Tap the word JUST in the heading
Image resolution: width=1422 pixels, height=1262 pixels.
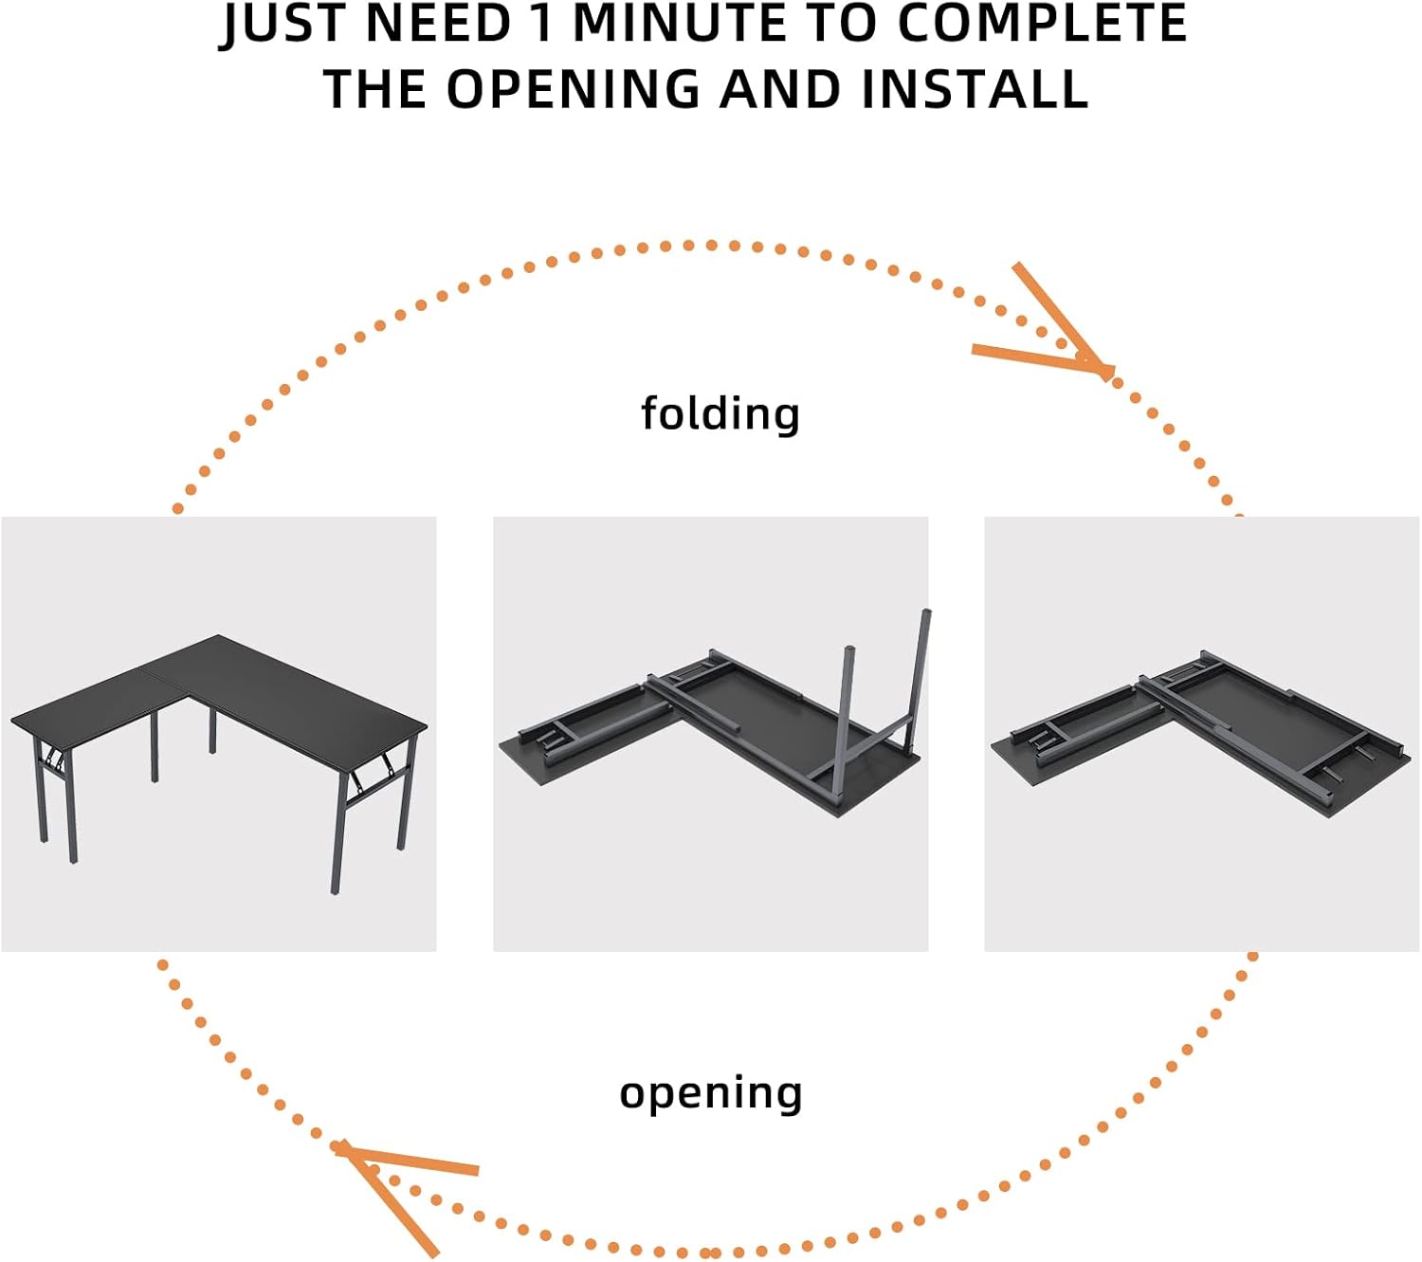[286, 25]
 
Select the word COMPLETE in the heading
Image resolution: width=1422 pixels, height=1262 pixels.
[1042, 23]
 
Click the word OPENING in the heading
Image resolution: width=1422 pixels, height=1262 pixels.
[574, 89]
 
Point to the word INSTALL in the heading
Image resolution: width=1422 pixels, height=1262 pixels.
[975, 89]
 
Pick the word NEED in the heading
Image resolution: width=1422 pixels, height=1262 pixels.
[439, 23]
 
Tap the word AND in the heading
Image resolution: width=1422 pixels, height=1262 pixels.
[780, 89]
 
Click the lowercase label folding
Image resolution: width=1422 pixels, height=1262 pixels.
[720, 414]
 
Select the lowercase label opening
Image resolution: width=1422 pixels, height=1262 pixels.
[710, 1093]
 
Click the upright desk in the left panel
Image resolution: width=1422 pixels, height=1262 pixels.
[219, 763]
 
